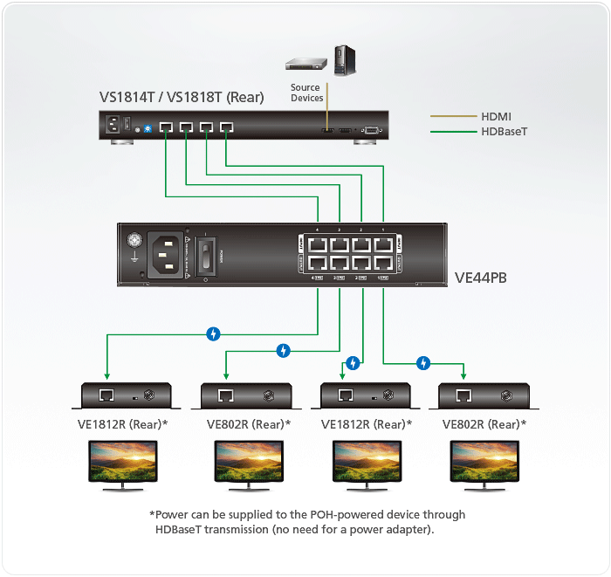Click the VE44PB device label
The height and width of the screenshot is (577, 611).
pyautogui.click(x=482, y=279)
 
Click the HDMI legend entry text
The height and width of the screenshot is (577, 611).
pyautogui.click(x=497, y=115)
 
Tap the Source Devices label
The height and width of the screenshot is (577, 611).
pyautogui.click(x=306, y=93)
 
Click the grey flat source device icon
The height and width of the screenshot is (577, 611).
pyautogui.click(x=306, y=64)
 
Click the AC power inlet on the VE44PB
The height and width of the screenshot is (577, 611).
pyautogui.click(x=167, y=254)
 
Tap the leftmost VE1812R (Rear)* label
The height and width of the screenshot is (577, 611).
pyautogui.click(x=122, y=424)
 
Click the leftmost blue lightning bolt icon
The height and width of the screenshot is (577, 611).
pyautogui.click(x=212, y=333)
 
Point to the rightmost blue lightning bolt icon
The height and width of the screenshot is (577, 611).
pyautogui.click(x=423, y=362)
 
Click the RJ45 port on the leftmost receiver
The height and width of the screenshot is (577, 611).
pyautogui.click(x=106, y=395)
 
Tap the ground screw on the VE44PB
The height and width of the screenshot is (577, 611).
pyautogui.click(x=134, y=240)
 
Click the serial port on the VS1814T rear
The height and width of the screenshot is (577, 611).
pyautogui.click(x=369, y=130)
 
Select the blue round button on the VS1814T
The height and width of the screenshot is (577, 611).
pyautogui.click(x=147, y=130)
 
